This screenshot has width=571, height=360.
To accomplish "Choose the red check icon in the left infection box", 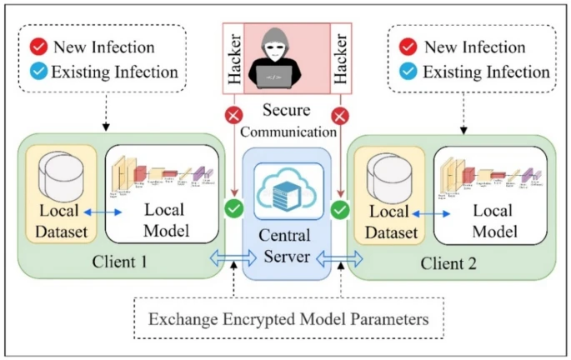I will tap(37, 48).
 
